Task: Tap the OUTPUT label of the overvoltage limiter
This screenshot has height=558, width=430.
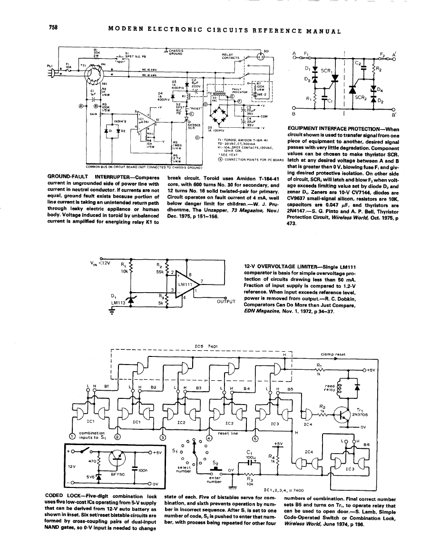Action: (x=227, y=301)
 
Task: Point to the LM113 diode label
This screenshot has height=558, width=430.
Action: (x=117, y=302)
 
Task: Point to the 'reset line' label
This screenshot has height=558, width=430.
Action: (x=227, y=434)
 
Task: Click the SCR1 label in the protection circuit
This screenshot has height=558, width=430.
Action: (x=326, y=71)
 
